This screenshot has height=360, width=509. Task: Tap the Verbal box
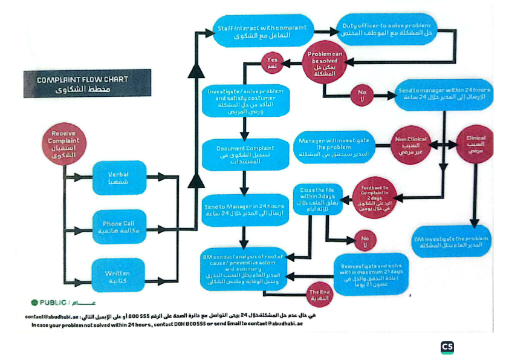[x=119, y=178]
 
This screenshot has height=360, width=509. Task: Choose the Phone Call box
[x=119, y=227]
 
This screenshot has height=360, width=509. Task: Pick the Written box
[x=118, y=277]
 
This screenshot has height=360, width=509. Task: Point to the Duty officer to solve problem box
[x=386, y=29]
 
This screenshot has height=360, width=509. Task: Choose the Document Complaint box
[x=245, y=154]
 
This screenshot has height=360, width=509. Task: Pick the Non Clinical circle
[x=410, y=145]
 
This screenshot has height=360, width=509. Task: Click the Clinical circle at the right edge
[x=475, y=144]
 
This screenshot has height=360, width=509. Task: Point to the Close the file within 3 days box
[x=316, y=199]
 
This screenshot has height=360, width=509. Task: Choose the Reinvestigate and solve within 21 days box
[x=372, y=275]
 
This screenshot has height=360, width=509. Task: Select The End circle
[x=322, y=293]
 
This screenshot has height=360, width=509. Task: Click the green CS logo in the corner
[x=447, y=347]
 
